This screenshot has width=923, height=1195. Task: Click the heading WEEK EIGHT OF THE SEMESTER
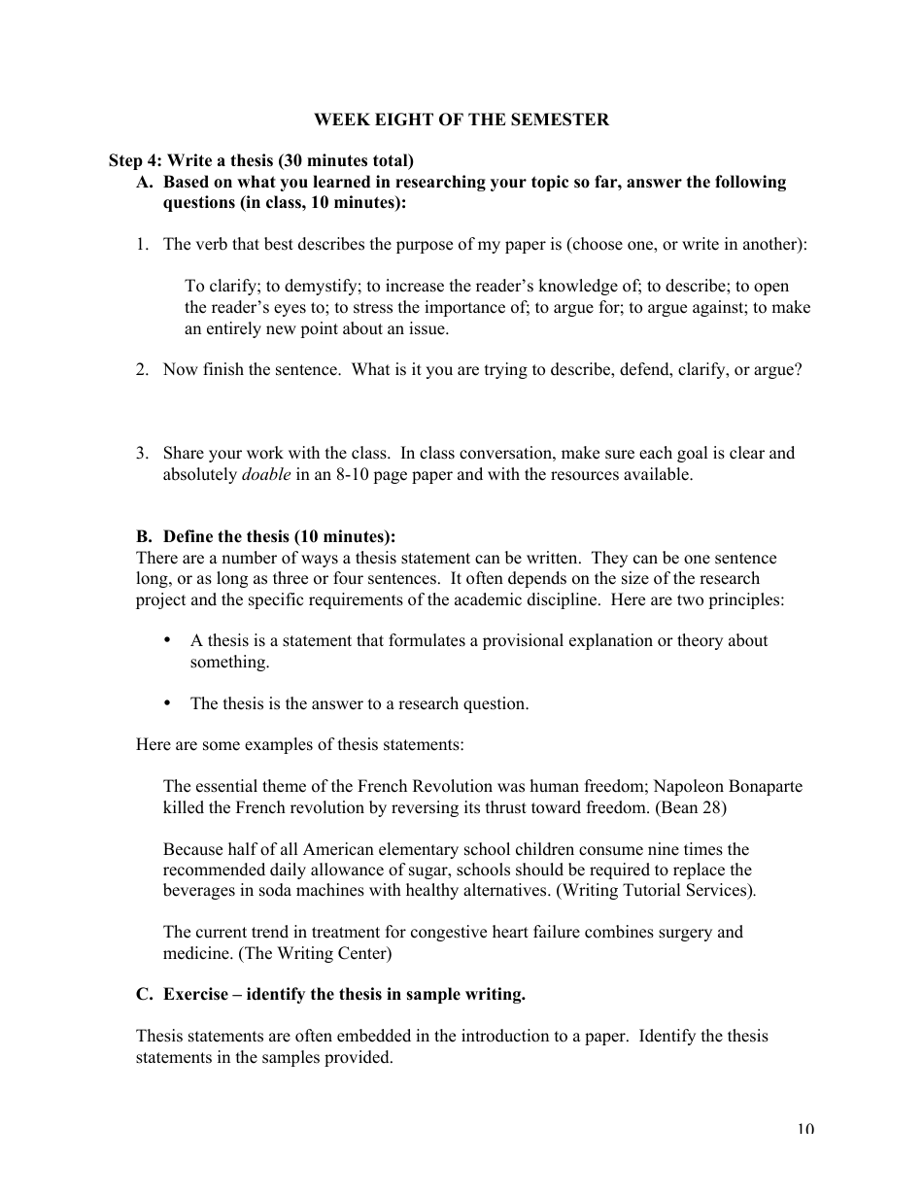(x=461, y=119)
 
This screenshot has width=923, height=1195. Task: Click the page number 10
(x=804, y=1128)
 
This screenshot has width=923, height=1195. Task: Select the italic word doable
(x=265, y=475)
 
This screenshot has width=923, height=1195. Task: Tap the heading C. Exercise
(x=330, y=994)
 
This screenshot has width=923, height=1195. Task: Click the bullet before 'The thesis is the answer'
(x=167, y=703)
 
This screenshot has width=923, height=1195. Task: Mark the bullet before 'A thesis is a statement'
(x=167, y=640)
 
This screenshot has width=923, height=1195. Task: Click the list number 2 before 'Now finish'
(x=142, y=369)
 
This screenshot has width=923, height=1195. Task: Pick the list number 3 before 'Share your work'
(x=142, y=453)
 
